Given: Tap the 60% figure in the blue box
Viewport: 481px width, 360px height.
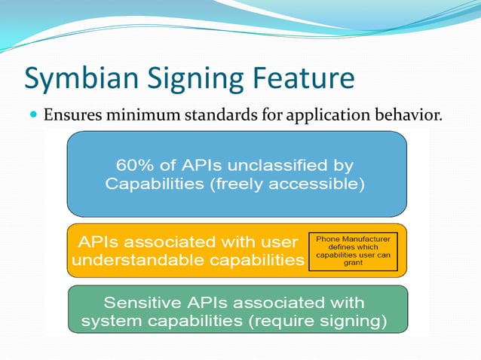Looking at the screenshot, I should (132, 164).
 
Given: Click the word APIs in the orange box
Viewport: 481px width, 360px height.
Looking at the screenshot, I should (101, 242).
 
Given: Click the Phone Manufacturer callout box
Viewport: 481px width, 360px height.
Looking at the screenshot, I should (353, 252).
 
